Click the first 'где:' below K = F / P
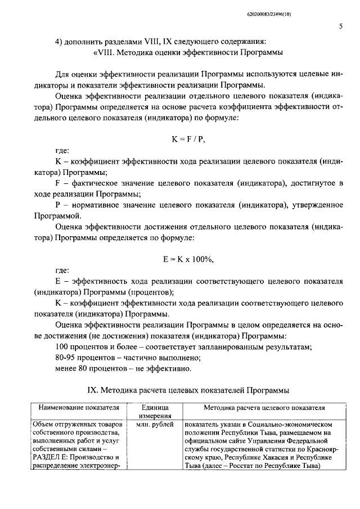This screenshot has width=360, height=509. [x=62, y=151]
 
